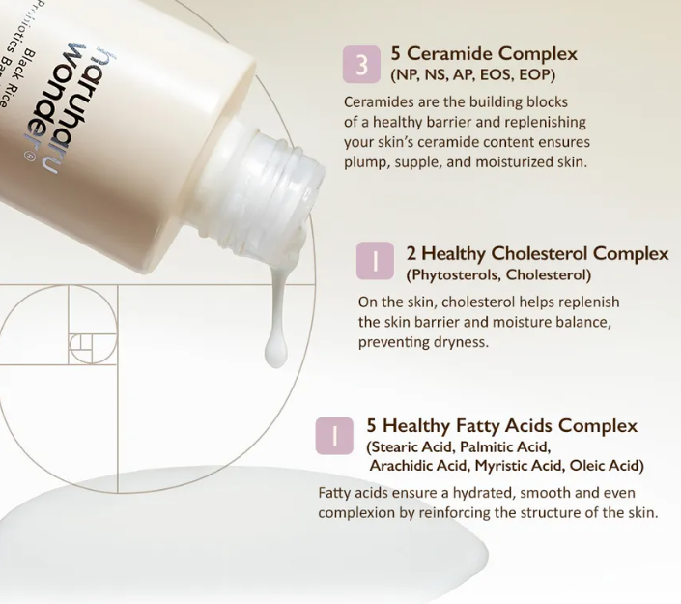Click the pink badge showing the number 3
click(361, 65)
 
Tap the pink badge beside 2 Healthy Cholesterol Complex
click(375, 261)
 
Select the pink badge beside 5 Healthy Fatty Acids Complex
click(334, 436)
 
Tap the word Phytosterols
click(453, 275)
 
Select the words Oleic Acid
click(606, 466)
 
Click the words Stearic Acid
click(410, 446)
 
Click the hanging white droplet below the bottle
click(276, 349)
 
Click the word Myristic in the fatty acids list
click(497, 466)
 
